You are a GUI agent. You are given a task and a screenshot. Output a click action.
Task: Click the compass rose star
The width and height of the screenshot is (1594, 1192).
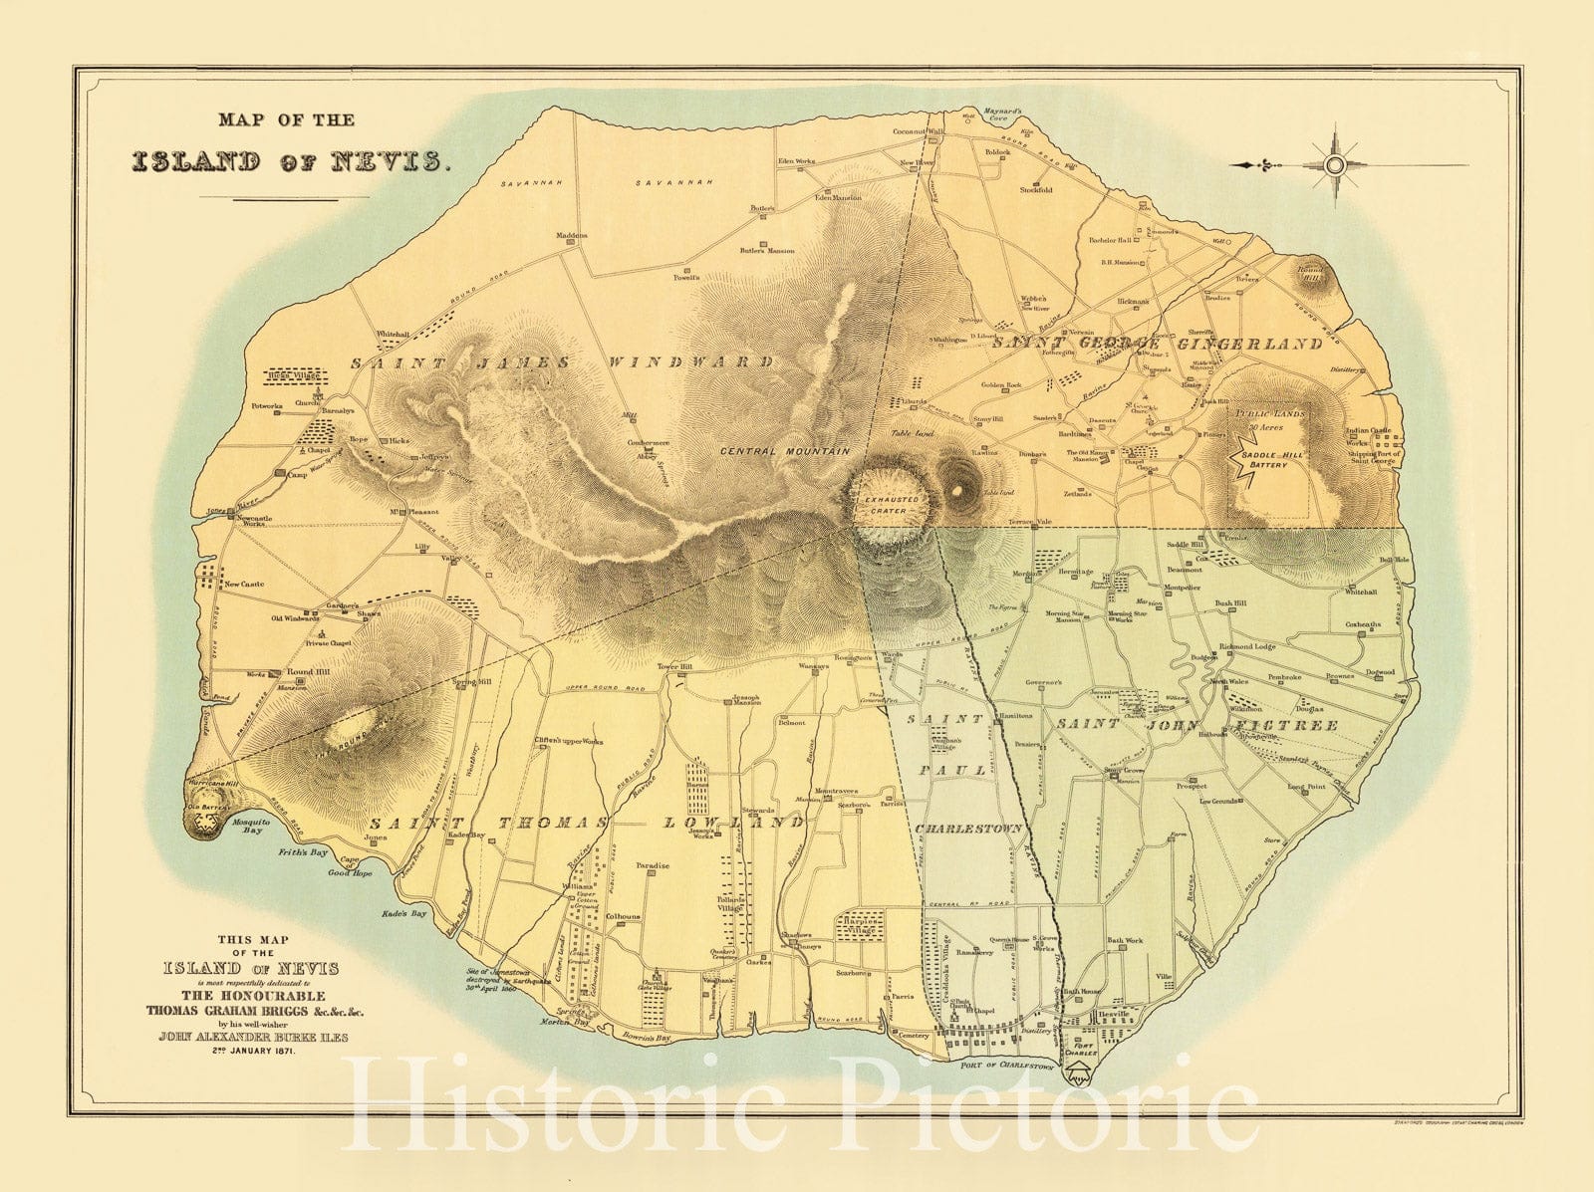point(1335,165)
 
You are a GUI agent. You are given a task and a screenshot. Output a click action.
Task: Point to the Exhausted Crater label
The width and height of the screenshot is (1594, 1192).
point(885,504)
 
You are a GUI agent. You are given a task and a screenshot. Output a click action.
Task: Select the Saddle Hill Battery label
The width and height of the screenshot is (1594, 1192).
point(1264,459)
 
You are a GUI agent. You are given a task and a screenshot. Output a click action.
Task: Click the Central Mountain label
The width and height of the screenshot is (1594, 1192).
point(786,451)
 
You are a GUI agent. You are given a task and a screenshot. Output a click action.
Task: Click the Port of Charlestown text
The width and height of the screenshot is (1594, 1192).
point(1006,1067)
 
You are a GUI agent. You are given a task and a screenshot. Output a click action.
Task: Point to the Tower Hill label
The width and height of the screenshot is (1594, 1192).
point(673,666)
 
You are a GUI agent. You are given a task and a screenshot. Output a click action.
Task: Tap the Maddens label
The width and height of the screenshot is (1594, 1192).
point(572,236)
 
